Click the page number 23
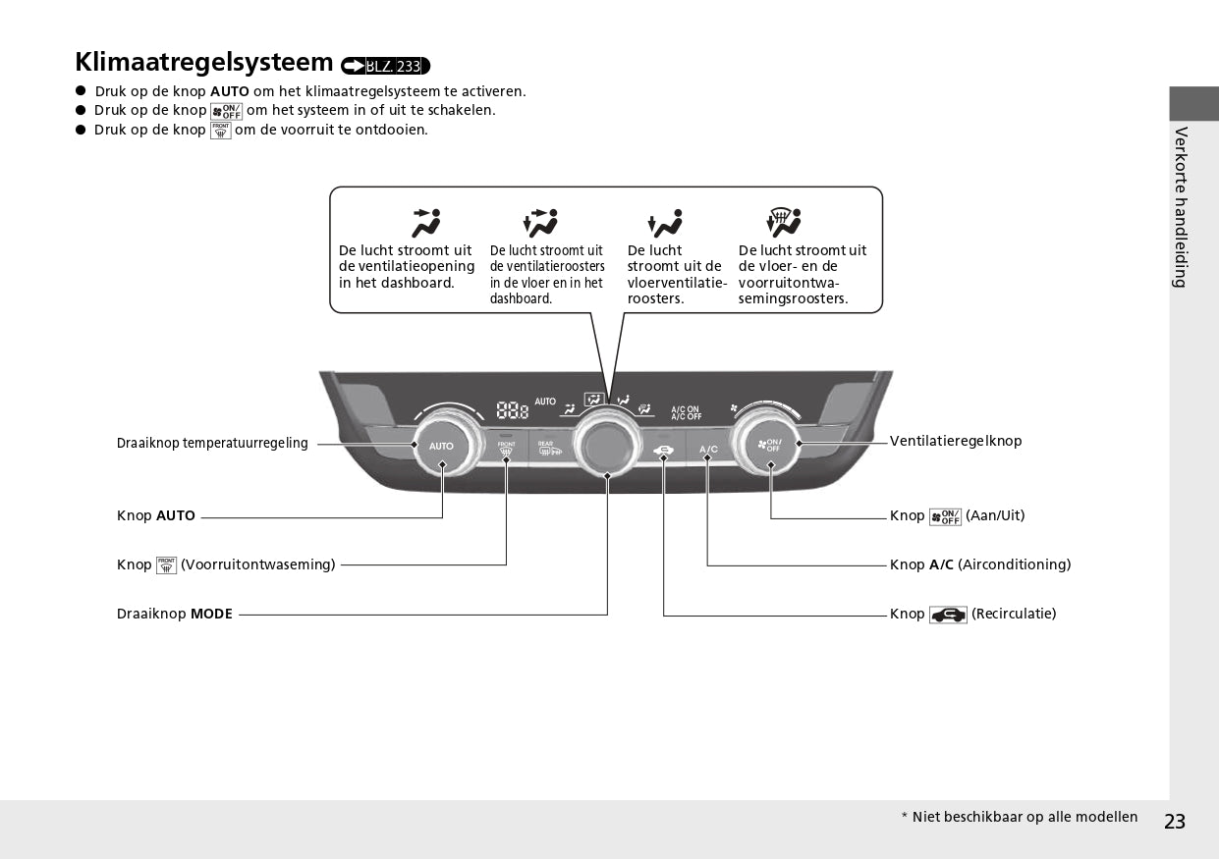point(1175,822)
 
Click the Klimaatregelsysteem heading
point(204,62)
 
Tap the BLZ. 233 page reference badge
point(386,66)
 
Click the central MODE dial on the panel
point(608,443)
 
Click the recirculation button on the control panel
point(664,451)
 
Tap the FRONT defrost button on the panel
point(506,449)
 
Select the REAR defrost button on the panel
point(546,449)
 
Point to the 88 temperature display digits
point(512,410)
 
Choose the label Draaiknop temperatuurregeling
point(212,443)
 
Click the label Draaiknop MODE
point(175,614)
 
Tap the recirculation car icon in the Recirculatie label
point(948,615)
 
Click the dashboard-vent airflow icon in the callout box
point(426,223)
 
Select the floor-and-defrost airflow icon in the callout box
point(783,223)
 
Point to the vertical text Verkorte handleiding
point(1181,206)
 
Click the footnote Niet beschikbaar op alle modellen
point(1025,817)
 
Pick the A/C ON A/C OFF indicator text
point(686,412)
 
